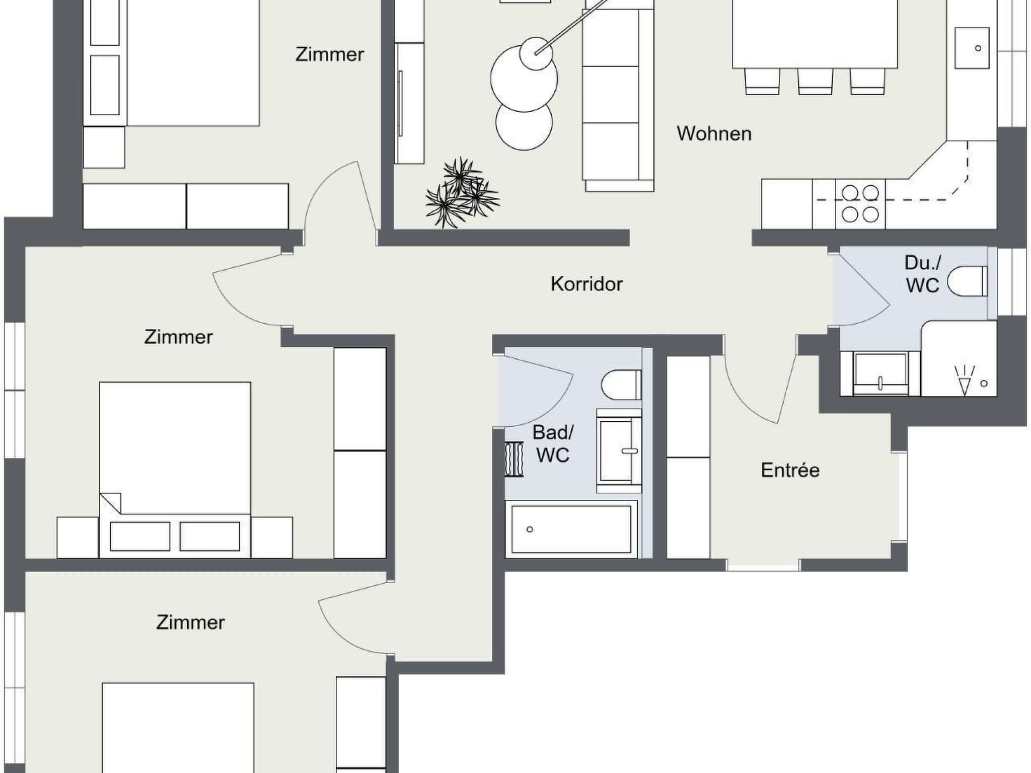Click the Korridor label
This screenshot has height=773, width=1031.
point(586,284)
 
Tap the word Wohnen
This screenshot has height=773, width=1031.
point(714,134)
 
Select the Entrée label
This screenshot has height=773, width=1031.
point(790,470)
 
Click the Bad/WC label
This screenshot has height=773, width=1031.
point(553,443)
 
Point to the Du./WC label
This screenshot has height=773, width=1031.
point(923,274)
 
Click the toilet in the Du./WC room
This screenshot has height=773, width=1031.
point(967,281)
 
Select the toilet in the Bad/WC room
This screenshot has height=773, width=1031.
point(621,384)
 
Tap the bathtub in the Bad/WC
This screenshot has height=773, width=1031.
point(571,529)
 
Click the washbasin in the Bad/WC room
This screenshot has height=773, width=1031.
point(619,451)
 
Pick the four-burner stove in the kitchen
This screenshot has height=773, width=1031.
point(860,204)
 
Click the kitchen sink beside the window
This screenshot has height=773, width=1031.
point(972,48)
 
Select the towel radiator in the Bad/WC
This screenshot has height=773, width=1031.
point(514,459)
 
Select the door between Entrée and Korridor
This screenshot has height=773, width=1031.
point(761,388)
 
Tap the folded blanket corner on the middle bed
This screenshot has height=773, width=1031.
point(111,503)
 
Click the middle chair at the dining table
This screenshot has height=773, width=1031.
point(815,81)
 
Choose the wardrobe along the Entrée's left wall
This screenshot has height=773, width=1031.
point(689,457)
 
